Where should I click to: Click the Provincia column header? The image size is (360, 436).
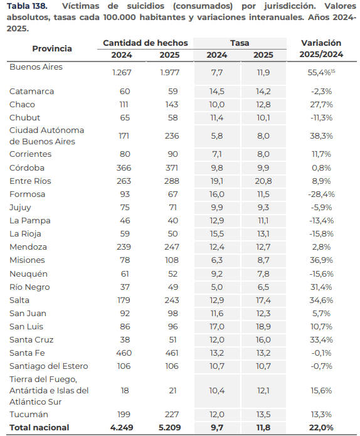[52, 49]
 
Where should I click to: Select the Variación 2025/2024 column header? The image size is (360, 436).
[321, 49]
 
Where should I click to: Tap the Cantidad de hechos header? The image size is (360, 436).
[146, 43]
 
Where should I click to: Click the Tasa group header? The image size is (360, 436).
[240, 43]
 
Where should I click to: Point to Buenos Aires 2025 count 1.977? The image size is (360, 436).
[169, 73]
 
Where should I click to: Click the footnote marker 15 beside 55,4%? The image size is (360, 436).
[333, 71]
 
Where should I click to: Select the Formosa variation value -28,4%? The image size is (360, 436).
[321, 194]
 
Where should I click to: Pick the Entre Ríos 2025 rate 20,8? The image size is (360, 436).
[263, 181]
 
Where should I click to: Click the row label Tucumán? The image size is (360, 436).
[29, 415]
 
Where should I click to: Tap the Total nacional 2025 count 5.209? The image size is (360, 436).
[169, 428]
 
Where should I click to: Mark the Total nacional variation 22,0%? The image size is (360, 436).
[321, 428]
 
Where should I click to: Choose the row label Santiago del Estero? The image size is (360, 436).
[49, 366]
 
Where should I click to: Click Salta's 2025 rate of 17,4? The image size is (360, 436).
[263, 300]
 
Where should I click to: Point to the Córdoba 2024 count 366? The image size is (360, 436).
[124, 168]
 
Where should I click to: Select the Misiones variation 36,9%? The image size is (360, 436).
[321, 260]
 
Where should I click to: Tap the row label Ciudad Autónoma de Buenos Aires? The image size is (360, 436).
[46, 136]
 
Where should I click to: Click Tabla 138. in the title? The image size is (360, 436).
[27, 6]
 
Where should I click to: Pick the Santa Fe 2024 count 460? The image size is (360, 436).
[124, 353]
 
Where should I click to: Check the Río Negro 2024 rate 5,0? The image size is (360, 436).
[217, 287]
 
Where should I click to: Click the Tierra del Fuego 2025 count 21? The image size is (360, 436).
[172, 391]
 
